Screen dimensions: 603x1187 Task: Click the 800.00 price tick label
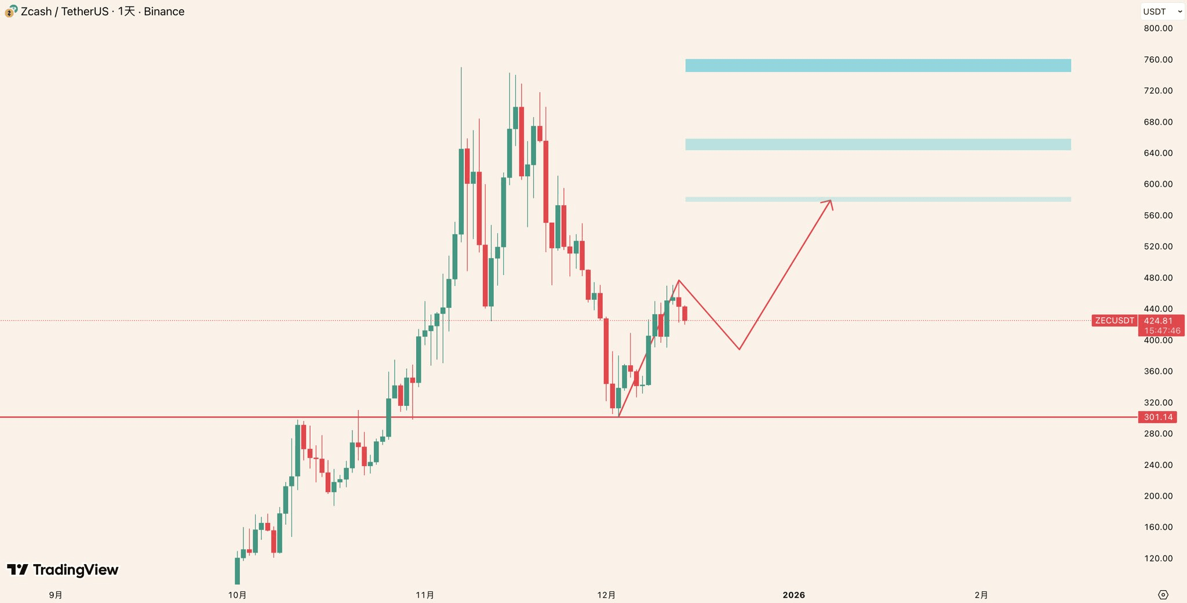(1157, 28)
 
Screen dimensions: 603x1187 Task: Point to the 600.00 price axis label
(1157, 184)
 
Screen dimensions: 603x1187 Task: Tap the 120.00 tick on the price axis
(1157, 558)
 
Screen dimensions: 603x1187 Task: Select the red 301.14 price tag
(1157, 417)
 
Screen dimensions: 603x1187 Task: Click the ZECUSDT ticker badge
(1114, 321)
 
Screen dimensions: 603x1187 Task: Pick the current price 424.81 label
(1157, 321)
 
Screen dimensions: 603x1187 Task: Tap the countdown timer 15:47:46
(1161, 331)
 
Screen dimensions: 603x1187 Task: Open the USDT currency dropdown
(1161, 12)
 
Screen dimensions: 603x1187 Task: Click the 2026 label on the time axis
(793, 595)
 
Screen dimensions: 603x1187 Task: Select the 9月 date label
(56, 595)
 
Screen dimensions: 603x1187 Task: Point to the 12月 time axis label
(606, 595)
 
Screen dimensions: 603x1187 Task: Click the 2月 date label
(981, 595)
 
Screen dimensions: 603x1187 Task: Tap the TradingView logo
(63, 570)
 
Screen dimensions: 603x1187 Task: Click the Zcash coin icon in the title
(11, 11)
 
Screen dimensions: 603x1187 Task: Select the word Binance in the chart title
(164, 12)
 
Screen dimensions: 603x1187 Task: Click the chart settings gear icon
(1163, 595)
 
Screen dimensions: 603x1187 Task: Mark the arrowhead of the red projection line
(830, 202)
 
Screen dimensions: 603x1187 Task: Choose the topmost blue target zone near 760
(877, 66)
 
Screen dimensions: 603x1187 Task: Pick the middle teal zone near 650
(877, 144)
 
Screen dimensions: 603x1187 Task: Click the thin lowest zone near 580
(877, 199)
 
